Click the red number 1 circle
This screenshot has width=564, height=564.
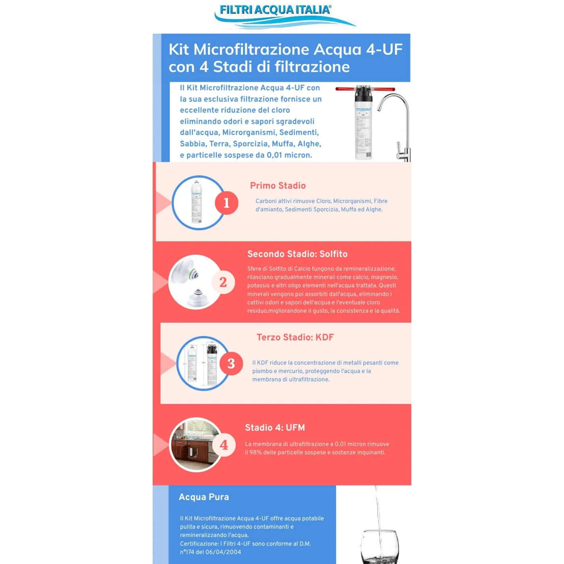[226, 203]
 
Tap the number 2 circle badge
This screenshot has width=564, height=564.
[223, 282]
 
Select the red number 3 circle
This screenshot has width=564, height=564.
[231, 363]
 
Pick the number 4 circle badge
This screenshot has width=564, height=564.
[224, 445]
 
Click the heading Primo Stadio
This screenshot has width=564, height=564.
[278, 186]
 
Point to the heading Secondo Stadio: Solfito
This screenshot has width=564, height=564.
[297, 254]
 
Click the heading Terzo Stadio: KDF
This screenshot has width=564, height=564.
[295, 337]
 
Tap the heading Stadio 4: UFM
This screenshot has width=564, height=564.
[275, 427]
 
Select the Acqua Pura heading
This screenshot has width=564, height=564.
[204, 497]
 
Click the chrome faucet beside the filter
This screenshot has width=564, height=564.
[397, 125]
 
